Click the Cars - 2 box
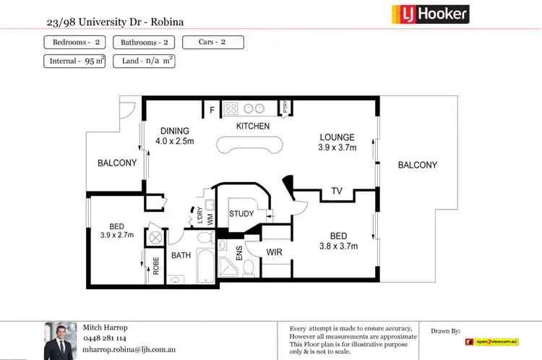pyautogui.click(x=212, y=42)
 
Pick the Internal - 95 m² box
pyautogui.click(x=75, y=61)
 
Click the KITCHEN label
pyautogui.click(x=253, y=127)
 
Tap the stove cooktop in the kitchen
pyautogui.click(x=231, y=109)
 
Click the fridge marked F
pyautogui.click(x=212, y=110)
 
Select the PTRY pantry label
pyautogui.click(x=285, y=108)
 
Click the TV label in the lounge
pyautogui.click(x=336, y=191)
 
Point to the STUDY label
pyautogui.click(x=241, y=214)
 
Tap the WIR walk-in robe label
pyautogui.click(x=274, y=252)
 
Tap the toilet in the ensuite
pyautogui.click(x=249, y=267)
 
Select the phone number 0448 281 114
pyautogui.click(x=106, y=338)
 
